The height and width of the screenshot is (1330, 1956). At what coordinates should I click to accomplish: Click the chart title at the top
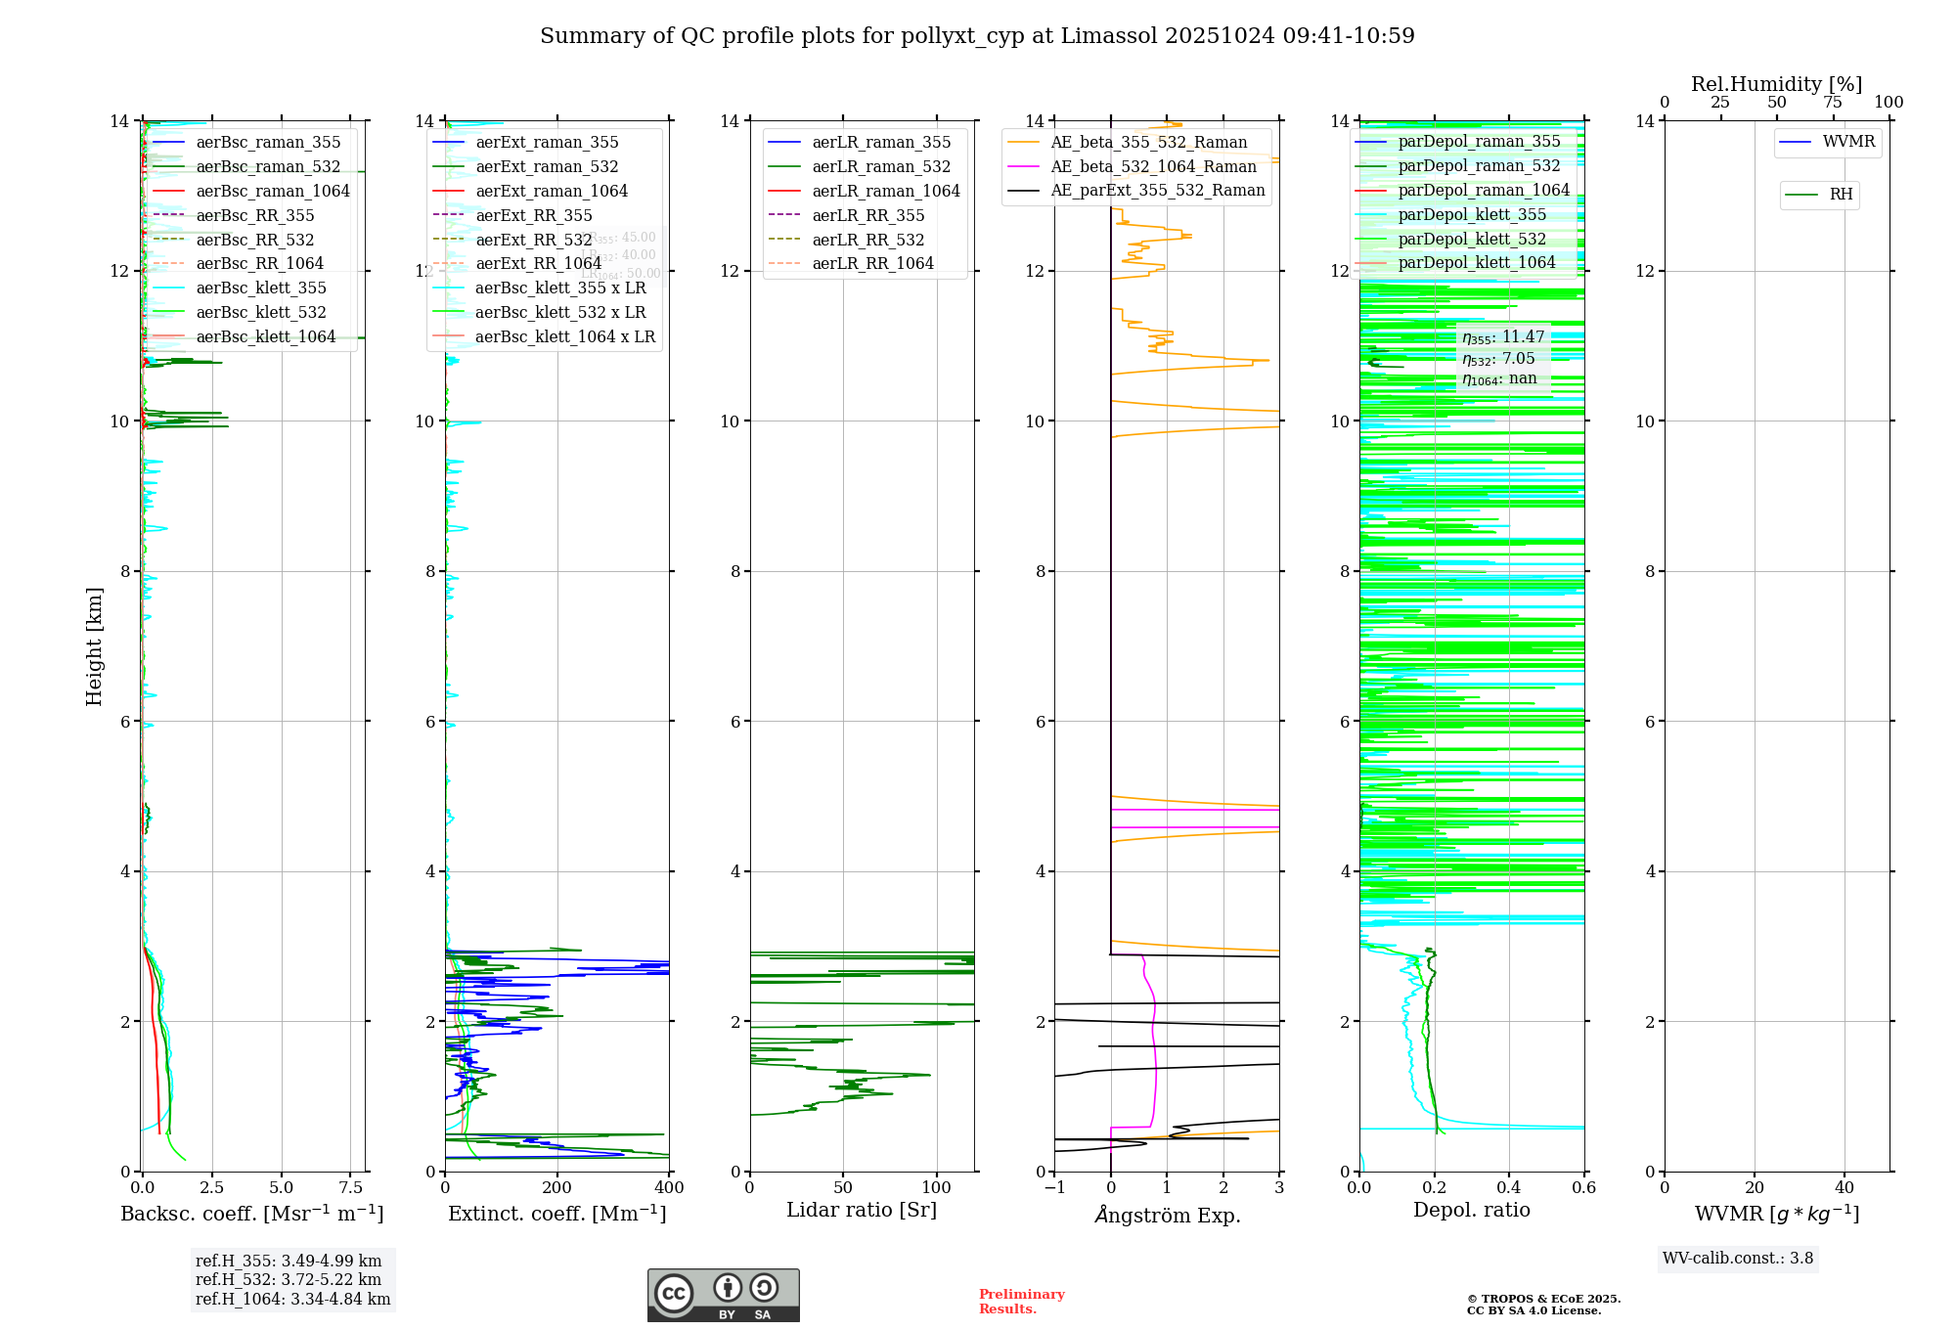coord(977,36)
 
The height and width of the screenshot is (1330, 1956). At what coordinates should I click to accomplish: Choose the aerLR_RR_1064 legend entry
coord(872,263)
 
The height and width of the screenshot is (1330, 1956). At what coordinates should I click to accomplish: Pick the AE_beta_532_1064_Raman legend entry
coord(1153,166)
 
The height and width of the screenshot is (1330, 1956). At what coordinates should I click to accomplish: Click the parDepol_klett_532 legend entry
coord(1472,239)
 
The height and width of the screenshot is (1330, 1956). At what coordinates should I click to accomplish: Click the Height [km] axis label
coord(94,646)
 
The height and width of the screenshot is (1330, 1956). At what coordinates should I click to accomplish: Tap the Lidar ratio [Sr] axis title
coord(862,1211)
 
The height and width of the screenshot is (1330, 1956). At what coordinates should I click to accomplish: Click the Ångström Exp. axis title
coord(1168,1215)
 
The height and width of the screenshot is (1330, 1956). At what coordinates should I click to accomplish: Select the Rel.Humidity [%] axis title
coord(1776,84)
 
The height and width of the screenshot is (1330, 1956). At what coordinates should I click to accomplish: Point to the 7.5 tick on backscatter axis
coord(351,1188)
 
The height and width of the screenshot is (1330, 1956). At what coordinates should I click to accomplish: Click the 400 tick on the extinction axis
coord(669,1188)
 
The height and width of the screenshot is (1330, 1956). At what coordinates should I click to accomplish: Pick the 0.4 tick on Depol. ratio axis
coord(1509,1188)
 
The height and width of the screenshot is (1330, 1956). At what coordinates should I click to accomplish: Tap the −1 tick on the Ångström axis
coord(1054,1188)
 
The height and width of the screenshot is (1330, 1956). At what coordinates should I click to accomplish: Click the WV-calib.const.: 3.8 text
coord(1738,1259)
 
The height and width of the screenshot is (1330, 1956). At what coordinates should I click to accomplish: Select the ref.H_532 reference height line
coord(289,1280)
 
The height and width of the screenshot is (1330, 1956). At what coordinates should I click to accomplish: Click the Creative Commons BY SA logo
coord(723,1296)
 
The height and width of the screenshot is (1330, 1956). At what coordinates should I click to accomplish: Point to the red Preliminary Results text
coord(1021,1302)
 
